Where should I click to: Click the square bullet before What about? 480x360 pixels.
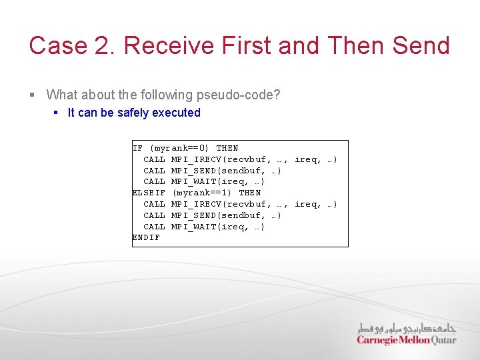[33, 95]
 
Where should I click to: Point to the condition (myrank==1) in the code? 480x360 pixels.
[203, 193]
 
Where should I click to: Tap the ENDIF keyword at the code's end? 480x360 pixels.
[147, 237]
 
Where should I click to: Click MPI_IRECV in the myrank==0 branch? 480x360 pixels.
[197, 159]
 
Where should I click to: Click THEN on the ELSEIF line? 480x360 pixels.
[250, 193]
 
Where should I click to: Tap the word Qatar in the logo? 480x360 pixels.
[443, 340]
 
